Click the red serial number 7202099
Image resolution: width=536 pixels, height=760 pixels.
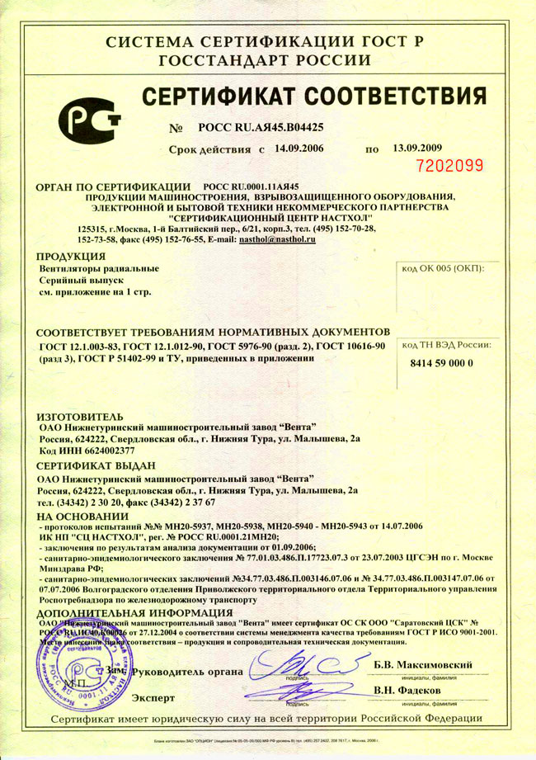(x=450, y=165)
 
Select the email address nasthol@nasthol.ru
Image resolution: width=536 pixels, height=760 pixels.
(x=277, y=238)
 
